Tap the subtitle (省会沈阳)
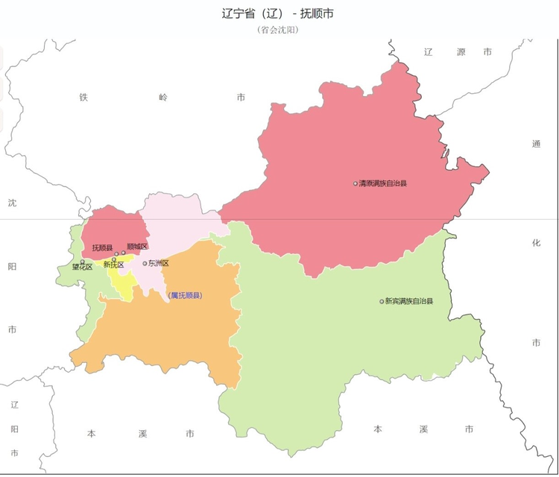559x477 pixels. click(x=278, y=30)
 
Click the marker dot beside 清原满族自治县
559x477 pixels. click(x=356, y=183)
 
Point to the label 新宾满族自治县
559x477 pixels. click(x=408, y=301)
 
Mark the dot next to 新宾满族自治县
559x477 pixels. click(x=382, y=301)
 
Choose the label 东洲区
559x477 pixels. click(x=159, y=263)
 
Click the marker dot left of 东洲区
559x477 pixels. click(x=145, y=263)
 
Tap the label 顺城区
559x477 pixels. click(x=137, y=247)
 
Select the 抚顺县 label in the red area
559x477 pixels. click(x=102, y=247)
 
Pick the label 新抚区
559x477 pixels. click(x=113, y=265)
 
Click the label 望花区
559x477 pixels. click(x=82, y=266)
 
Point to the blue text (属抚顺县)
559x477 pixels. click(x=185, y=295)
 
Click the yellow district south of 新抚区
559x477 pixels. click(x=120, y=283)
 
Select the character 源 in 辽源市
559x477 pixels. click(x=460, y=52)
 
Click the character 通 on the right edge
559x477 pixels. click(x=536, y=144)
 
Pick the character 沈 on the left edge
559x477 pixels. click(x=12, y=203)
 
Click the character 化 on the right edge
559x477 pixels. click(x=536, y=243)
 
